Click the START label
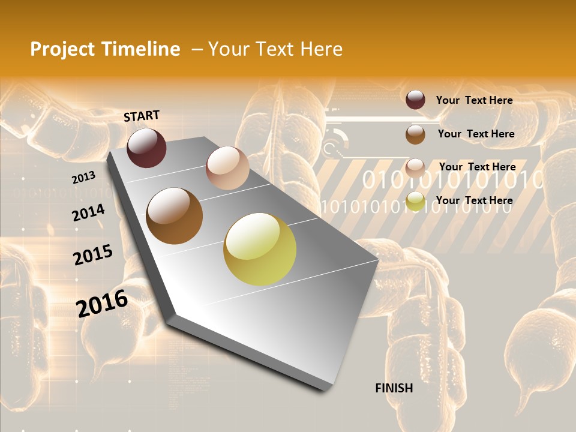click(x=142, y=116)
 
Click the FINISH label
click(x=394, y=388)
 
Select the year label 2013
click(x=83, y=178)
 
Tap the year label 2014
click(x=88, y=212)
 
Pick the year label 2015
click(x=93, y=255)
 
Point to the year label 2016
click(x=102, y=303)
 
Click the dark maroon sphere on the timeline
click(x=146, y=148)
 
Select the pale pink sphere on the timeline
click(x=227, y=168)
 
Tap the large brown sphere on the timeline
click(x=175, y=216)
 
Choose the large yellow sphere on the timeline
click(x=260, y=249)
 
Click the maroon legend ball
click(x=415, y=100)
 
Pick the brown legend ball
click(x=415, y=134)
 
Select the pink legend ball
click(x=415, y=168)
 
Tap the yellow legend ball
click(x=415, y=202)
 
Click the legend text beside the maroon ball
click(x=474, y=100)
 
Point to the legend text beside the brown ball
click(x=476, y=134)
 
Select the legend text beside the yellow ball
click(x=474, y=200)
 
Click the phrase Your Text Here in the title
click(x=275, y=49)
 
